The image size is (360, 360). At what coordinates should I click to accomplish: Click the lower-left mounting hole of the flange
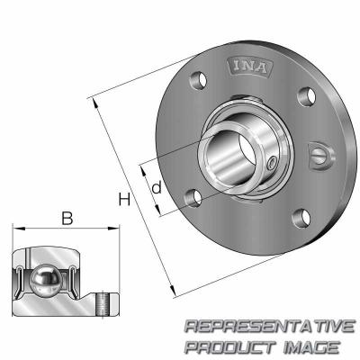pyautogui.click(x=190, y=196)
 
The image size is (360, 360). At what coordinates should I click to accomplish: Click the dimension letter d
pyautogui.click(x=156, y=188)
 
